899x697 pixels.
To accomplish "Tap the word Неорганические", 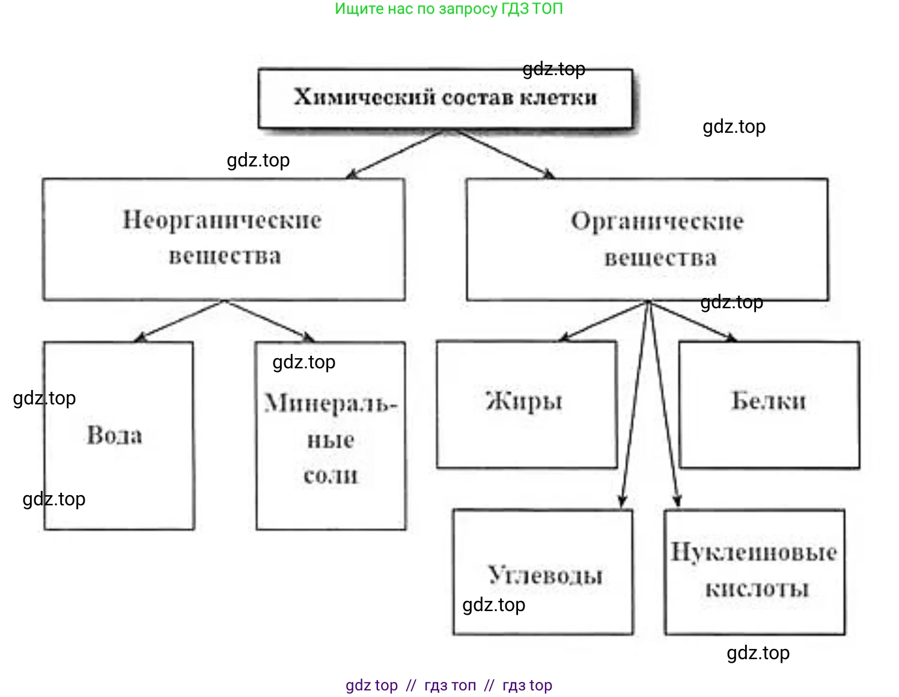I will click(x=222, y=220).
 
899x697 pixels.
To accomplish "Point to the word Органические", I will click(x=657, y=221).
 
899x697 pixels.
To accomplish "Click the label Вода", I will click(x=115, y=435).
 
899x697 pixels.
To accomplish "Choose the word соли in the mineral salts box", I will click(x=331, y=475).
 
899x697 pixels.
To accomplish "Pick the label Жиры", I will click(x=524, y=401).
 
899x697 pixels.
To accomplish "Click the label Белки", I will click(x=769, y=401).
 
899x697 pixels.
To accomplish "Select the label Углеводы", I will click(x=545, y=575).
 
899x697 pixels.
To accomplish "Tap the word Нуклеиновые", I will click(x=754, y=552).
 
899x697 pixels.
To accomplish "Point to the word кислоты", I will click(x=757, y=588).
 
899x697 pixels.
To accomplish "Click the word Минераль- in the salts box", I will click(x=331, y=403).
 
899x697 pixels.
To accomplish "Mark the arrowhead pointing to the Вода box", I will click(x=139, y=338).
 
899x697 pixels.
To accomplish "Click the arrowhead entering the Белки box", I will click(x=731, y=338).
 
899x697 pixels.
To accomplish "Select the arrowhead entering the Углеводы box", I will click(x=623, y=501).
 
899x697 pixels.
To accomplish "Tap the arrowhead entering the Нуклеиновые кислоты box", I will click(x=677, y=501).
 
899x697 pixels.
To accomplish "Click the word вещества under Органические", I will click(x=660, y=258).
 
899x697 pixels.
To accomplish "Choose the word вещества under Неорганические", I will click(x=225, y=256).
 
